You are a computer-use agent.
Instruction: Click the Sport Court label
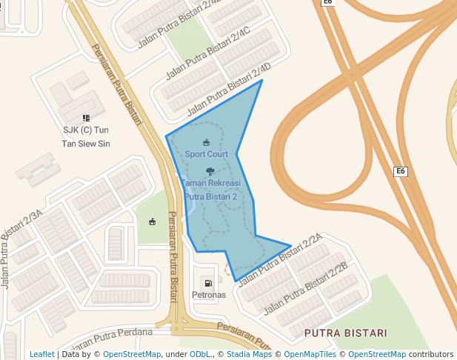[x=206, y=154]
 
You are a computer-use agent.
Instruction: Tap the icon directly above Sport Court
[x=206, y=142]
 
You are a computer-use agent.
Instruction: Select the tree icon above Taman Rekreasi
[x=210, y=172]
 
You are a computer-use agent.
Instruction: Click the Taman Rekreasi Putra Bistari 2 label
[x=210, y=190]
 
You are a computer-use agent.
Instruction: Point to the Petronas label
[x=208, y=295]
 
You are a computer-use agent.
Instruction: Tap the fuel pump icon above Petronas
[x=207, y=282]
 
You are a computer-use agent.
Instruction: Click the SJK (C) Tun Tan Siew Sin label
[x=86, y=136]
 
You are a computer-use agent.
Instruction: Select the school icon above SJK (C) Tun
[x=86, y=118]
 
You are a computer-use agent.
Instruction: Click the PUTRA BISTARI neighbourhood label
[x=345, y=333]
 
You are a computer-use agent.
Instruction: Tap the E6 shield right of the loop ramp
[x=400, y=172]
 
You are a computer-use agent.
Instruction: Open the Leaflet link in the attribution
[x=41, y=355]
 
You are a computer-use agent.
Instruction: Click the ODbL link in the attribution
[x=201, y=355]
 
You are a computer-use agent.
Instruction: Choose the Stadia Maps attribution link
[x=249, y=355]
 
